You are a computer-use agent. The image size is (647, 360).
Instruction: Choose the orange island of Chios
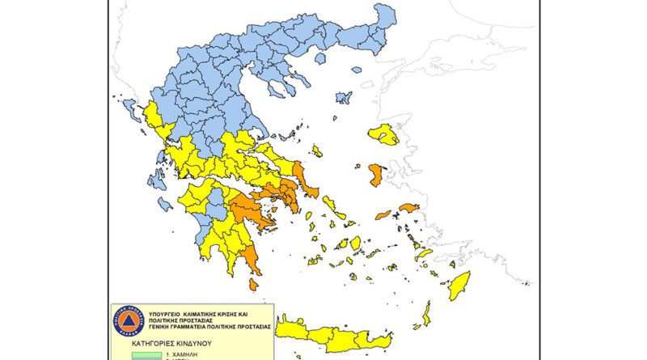click(376, 174)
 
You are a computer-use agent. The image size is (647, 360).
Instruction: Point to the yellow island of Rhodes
click(459, 285)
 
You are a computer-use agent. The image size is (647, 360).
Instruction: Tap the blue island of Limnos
click(344, 98)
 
